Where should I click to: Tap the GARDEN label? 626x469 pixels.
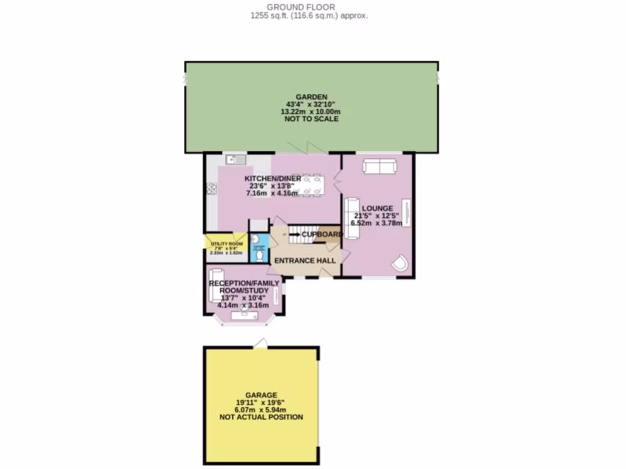click(x=312, y=96)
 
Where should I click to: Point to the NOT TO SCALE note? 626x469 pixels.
click(x=312, y=119)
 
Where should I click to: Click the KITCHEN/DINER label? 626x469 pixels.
click(x=273, y=178)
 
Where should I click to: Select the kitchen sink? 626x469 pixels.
click(x=235, y=160)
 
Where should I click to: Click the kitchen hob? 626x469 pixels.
click(x=212, y=189)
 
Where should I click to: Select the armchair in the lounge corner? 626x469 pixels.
click(x=399, y=262)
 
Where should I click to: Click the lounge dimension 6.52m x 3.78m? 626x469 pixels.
click(x=377, y=224)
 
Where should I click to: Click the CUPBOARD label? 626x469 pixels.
click(x=322, y=234)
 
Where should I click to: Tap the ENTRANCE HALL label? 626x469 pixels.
click(x=304, y=261)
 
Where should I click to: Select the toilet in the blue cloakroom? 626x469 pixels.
click(x=260, y=255)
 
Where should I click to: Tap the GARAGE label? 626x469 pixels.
click(x=261, y=395)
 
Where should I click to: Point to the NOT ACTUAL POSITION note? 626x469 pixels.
click(x=261, y=417)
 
